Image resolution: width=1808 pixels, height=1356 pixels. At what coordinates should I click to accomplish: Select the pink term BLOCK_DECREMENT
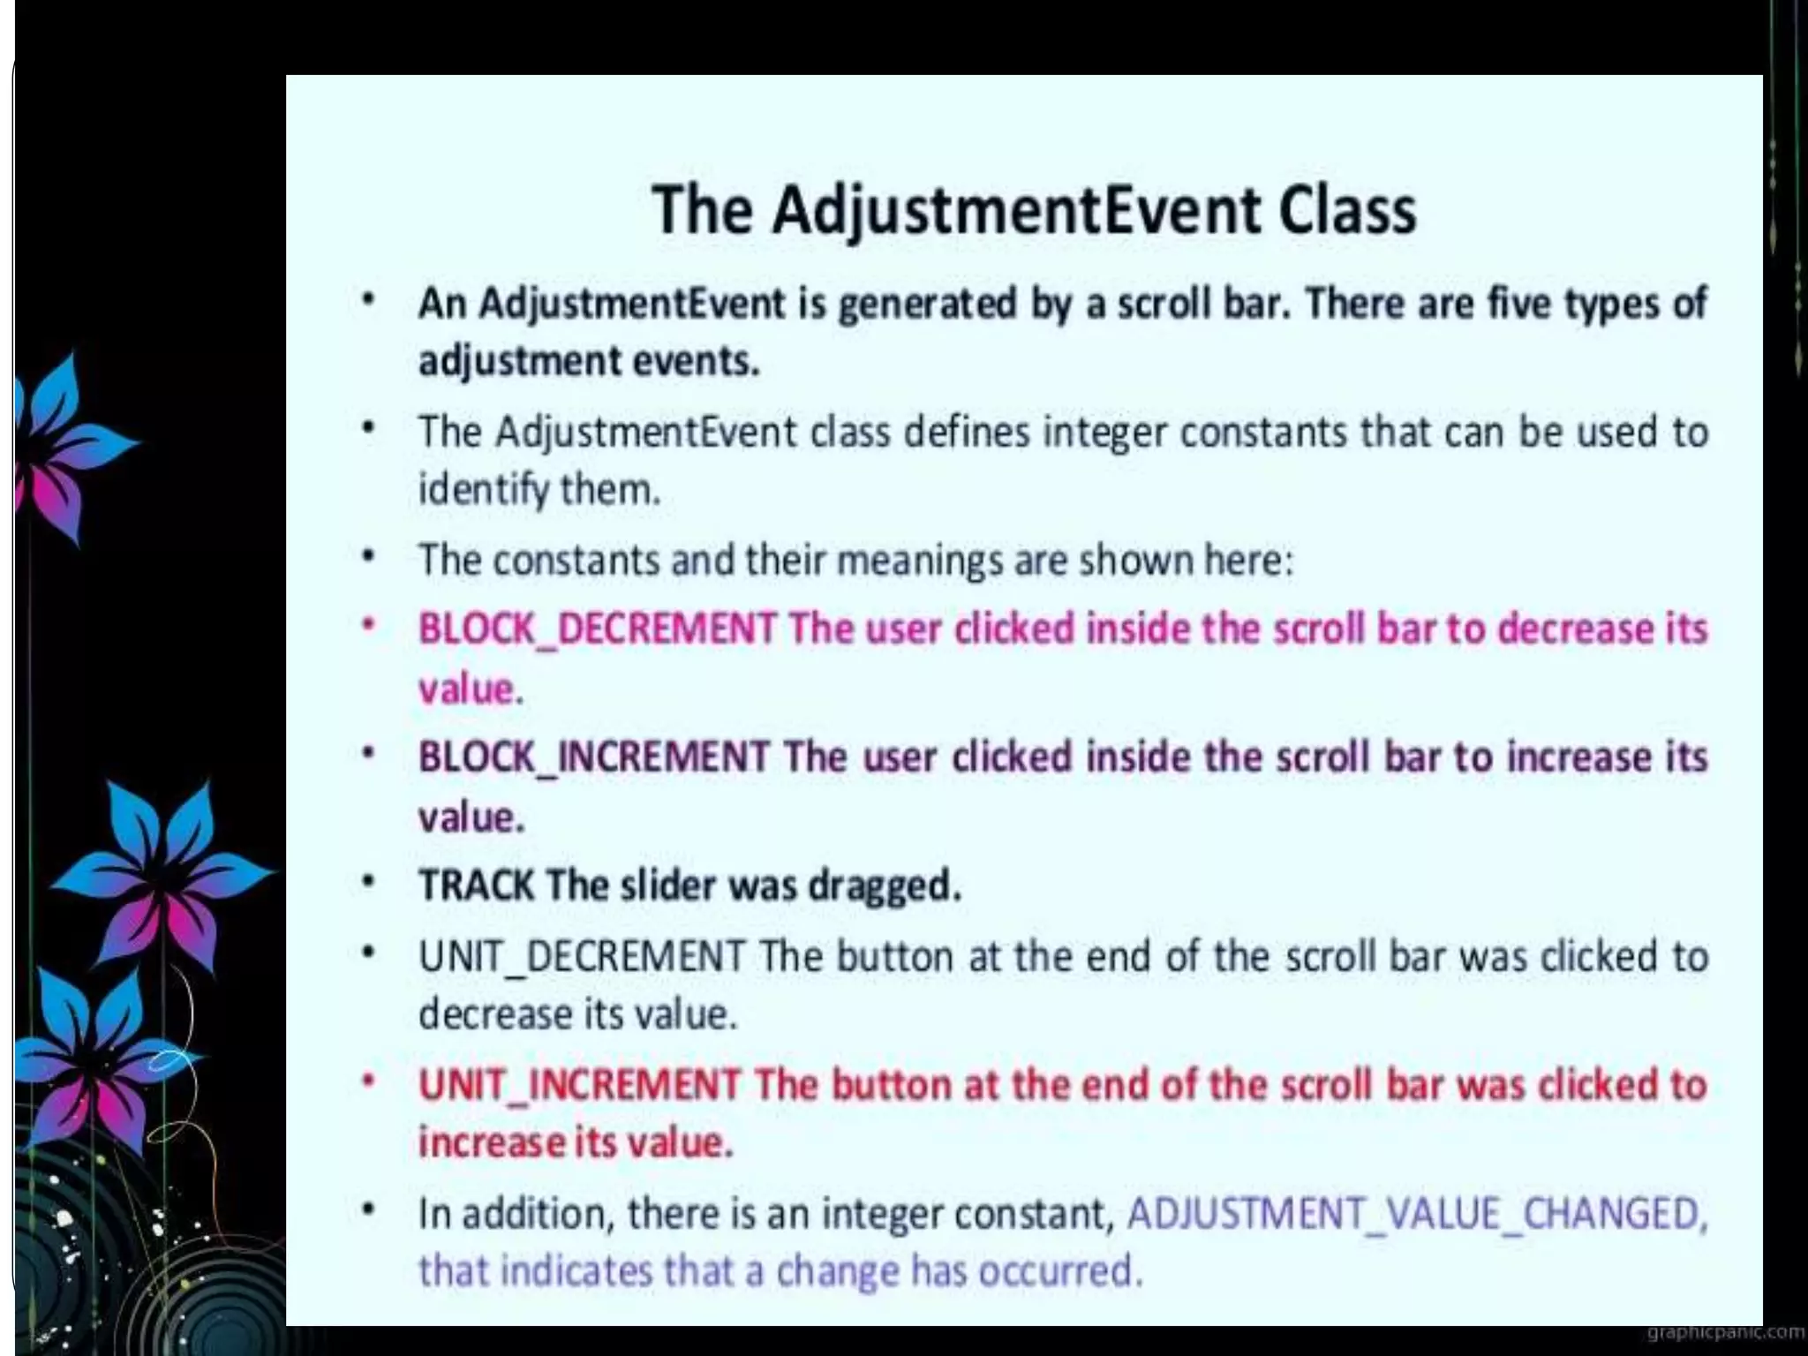point(597,629)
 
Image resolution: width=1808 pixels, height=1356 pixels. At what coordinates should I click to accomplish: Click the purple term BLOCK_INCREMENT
point(593,757)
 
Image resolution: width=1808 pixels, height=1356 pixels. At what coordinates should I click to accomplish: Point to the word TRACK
point(477,885)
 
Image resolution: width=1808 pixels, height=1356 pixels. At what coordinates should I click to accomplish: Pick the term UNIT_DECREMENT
point(582,957)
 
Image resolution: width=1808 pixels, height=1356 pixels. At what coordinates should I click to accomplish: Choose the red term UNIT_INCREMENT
point(579,1085)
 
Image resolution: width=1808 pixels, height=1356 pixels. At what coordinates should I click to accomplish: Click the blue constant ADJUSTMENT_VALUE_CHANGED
point(1415,1214)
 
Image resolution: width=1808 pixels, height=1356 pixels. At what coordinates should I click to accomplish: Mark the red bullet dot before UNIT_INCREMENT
point(370,1081)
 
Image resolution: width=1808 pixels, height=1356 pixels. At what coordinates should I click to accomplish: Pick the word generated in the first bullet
point(926,304)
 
